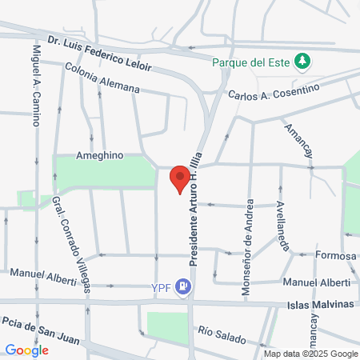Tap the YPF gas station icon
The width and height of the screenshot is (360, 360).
click(x=185, y=284)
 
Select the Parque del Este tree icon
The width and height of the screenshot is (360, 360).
click(x=302, y=60)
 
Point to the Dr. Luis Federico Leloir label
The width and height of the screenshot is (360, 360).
click(x=100, y=49)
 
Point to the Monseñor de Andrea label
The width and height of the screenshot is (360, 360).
click(x=249, y=246)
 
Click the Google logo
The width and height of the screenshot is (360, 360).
click(x=26, y=350)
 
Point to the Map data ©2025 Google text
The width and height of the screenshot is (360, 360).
click(x=311, y=354)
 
